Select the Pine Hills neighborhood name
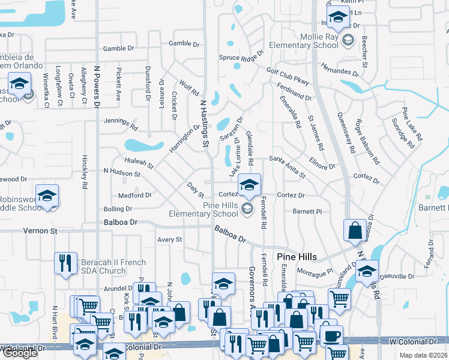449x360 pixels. [x=297, y=256]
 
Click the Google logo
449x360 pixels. [x=19, y=353]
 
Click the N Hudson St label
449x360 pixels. [x=122, y=173]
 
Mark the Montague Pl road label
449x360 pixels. [x=315, y=272]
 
